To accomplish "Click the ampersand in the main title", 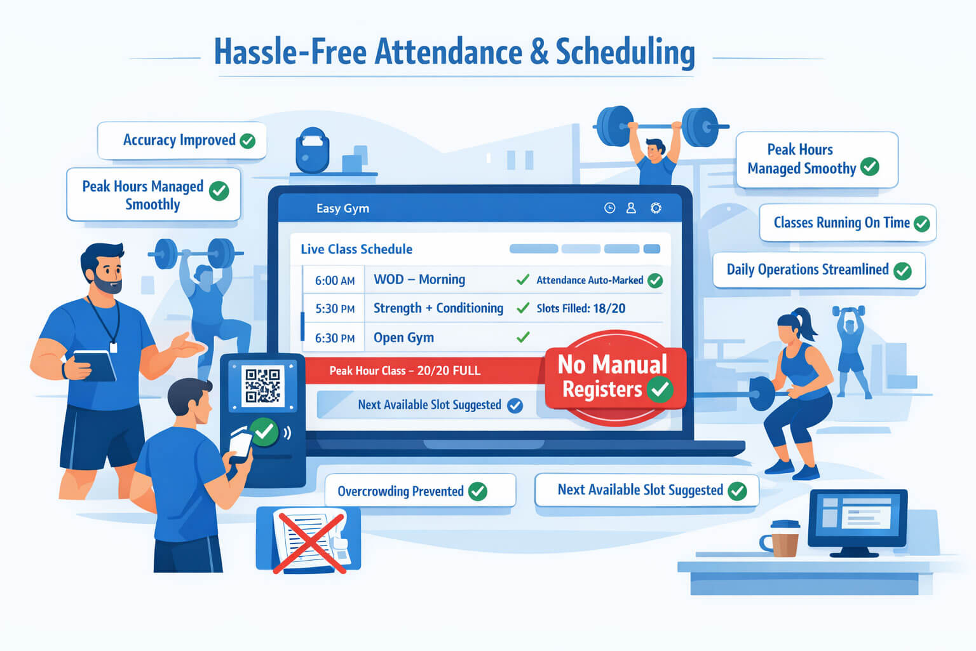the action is click(539, 52).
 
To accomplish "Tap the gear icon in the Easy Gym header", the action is click(656, 208).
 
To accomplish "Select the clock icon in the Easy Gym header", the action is click(609, 208).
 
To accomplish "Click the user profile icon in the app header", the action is click(631, 208).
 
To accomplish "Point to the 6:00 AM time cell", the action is click(335, 280).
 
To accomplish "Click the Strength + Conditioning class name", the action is click(438, 308).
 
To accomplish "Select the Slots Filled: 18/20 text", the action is click(581, 309).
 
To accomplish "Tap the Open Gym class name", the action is click(403, 338).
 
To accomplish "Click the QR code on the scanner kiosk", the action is click(262, 385).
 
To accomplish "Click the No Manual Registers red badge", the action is click(615, 378).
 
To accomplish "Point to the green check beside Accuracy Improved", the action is click(247, 141).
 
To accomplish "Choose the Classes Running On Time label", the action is click(848, 223).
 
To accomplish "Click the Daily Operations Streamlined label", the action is click(819, 270).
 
